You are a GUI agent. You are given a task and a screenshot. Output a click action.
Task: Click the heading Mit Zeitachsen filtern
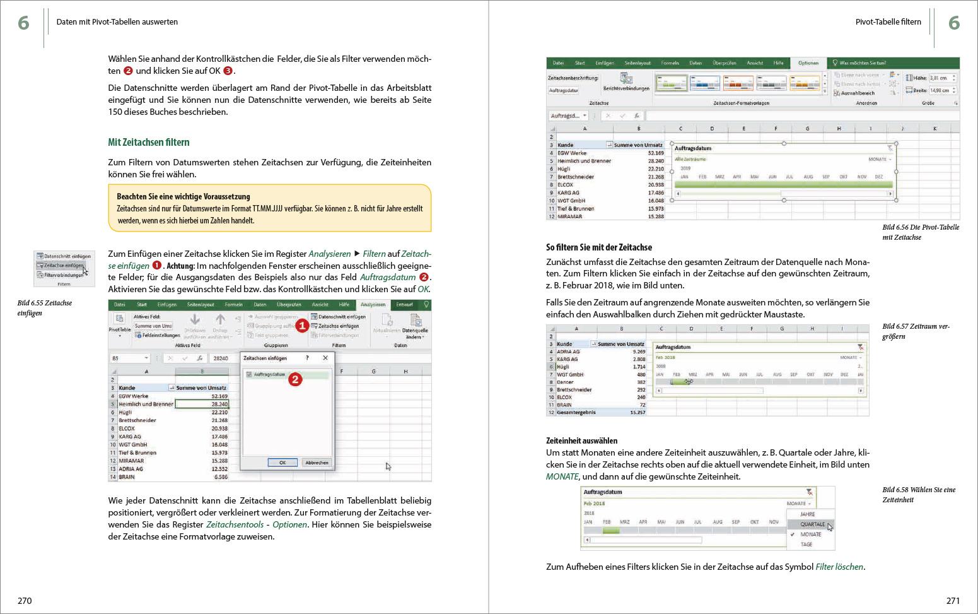point(148,143)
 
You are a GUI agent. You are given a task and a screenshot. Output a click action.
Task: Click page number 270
point(25,601)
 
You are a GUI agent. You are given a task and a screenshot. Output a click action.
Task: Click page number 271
point(953,601)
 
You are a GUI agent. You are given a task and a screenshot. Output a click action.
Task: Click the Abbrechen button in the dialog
point(317,463)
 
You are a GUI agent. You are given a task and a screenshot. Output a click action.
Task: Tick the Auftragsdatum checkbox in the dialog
point(249,375)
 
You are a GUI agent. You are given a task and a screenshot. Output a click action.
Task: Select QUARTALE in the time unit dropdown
point(812,524)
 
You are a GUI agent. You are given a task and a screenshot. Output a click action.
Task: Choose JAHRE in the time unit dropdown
point(807,514)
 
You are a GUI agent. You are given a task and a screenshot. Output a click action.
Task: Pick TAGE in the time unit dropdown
point(806,544)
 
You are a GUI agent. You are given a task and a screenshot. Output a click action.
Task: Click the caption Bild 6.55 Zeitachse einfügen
point(44,308)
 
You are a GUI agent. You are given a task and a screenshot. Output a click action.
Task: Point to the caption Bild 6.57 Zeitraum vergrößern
point(915,331)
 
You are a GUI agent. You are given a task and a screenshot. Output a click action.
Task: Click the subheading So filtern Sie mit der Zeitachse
point(598,247)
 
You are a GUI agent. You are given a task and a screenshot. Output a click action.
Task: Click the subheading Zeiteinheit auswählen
point(581,440)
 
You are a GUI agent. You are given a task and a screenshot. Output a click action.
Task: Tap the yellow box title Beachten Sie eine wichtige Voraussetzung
point(183,196)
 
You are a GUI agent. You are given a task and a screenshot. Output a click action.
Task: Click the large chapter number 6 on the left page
point(23,23)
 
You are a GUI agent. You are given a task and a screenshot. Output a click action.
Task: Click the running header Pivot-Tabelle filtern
point(888,22)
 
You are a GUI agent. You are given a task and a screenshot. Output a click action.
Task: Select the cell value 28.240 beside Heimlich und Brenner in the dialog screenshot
point(219,404)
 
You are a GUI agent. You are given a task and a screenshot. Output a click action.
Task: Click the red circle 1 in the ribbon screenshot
point(302,326)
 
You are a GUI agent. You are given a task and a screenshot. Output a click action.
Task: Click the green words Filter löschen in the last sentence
point(839,567)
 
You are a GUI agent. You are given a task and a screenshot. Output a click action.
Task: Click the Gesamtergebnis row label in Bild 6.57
point(575,412)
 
